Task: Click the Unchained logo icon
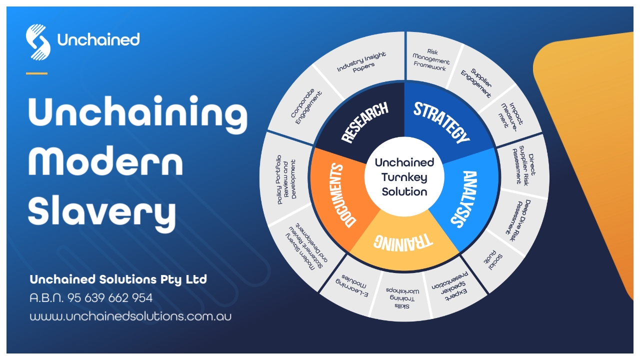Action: click(38, 42)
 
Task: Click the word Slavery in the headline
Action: click(102, 210)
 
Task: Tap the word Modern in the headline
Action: click(105, 161)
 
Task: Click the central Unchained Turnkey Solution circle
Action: click(404, 176)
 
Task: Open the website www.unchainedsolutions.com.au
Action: click(130, 316)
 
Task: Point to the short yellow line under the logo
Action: click(36, 73)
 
